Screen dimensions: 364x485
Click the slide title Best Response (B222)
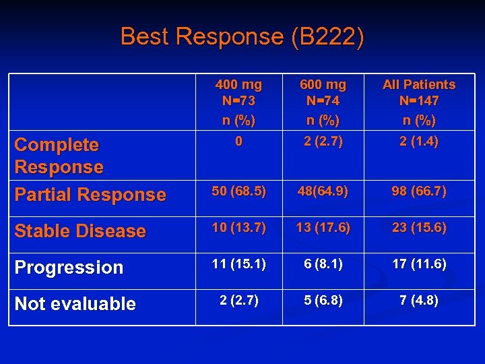click(x=243, y=36)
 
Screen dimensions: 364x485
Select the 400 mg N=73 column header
click(x=238, y=102)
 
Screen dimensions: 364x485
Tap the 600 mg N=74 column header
click(x=323, y=102)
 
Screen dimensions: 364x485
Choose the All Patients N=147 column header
click(x=419, y=102)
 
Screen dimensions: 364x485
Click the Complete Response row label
click(x=59, y=156)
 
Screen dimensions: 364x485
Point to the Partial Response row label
click(x=90, y=195)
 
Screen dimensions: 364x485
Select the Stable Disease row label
click(x=80, y=231)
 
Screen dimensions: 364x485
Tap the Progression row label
click(x=69, y=268)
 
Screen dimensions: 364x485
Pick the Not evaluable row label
click(x=75, y=304)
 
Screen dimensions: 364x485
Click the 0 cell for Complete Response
click(x=238, y=142)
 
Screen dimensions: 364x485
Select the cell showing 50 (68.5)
click(x=238, y=191)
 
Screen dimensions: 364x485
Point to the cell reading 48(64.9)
click(x=323, y=191)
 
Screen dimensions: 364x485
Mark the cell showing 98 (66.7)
click(x=419, y=191)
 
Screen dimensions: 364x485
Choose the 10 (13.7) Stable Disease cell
click(x=238, y=228)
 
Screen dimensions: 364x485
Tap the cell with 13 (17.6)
click(x=323, y=228)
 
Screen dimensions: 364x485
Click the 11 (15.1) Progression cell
click(x=238, y=264)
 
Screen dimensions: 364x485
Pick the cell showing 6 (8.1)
click(x=323, y=264)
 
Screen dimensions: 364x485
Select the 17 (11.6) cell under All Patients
click(x=419, y=264)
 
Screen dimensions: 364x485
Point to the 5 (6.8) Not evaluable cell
click(x=323, y=301)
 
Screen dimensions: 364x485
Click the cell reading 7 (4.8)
click(x=419, y=301)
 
